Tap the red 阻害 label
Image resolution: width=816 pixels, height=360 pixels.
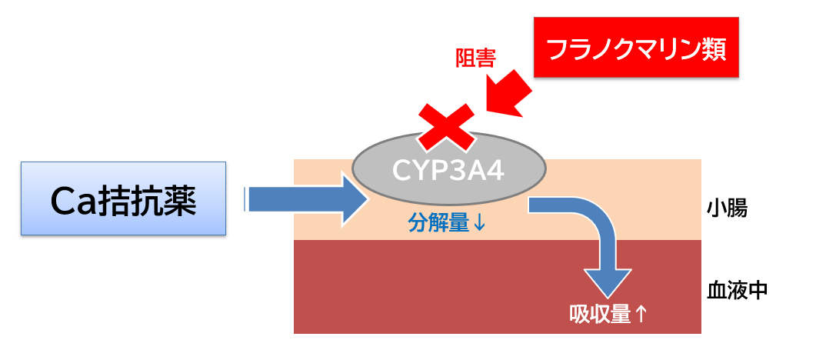click(475, 58)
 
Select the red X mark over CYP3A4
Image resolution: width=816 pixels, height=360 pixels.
click(445, 126)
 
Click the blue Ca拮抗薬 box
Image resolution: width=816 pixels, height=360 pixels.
click(123, 198)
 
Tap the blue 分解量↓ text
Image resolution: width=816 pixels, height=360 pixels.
click(446, 223)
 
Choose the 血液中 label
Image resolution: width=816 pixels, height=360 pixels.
click(737, 290)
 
